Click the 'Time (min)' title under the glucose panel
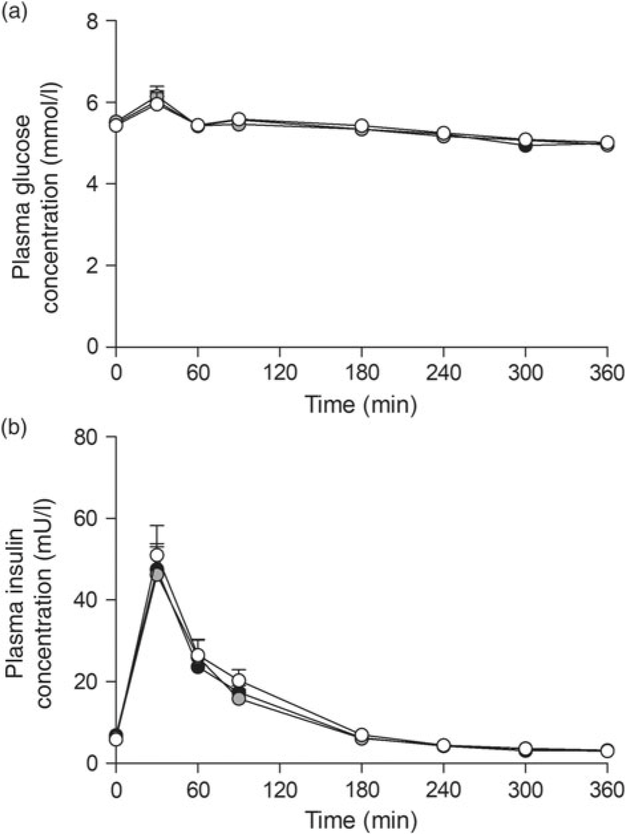tap(361, 404)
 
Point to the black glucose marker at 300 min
tap(525, 145)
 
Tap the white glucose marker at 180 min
tap(362, 126)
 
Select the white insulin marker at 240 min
tap(444, 745)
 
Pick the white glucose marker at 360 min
tap(607, 143)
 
